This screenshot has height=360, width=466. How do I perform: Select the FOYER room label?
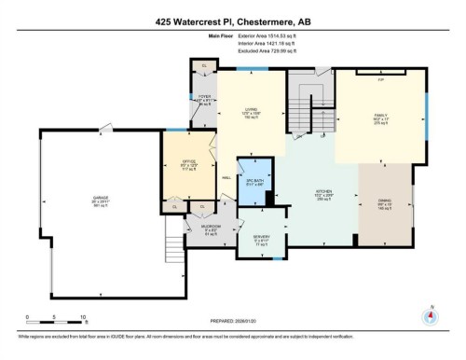204,97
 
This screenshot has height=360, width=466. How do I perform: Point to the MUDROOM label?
210,228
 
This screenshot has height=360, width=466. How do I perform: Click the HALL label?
226,179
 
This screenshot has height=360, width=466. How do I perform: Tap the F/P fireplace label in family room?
380,80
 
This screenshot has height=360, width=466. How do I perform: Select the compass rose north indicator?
429,314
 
